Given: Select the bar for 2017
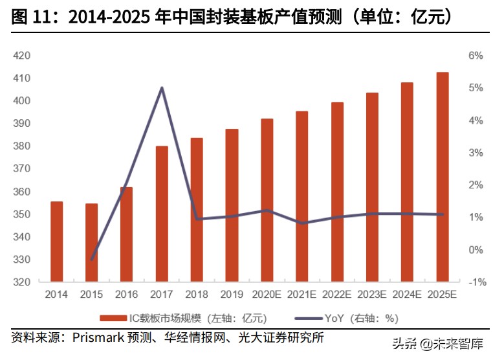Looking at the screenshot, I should [162, 214].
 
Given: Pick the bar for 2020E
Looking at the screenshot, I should [267, 200].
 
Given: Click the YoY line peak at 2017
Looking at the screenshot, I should [162, 88].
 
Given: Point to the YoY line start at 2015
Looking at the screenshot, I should [92, 260].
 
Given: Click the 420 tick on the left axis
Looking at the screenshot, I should [22, 56].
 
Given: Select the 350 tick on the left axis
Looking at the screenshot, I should [22, 214].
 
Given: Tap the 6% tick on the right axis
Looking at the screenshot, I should [476, 56].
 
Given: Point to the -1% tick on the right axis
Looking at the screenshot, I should [476, 282].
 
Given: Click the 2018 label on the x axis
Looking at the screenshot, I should [197, 295].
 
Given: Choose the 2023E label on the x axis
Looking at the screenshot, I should [372, 295].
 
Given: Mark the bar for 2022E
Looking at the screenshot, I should [337, 192].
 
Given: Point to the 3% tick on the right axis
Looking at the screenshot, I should [476, 153].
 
